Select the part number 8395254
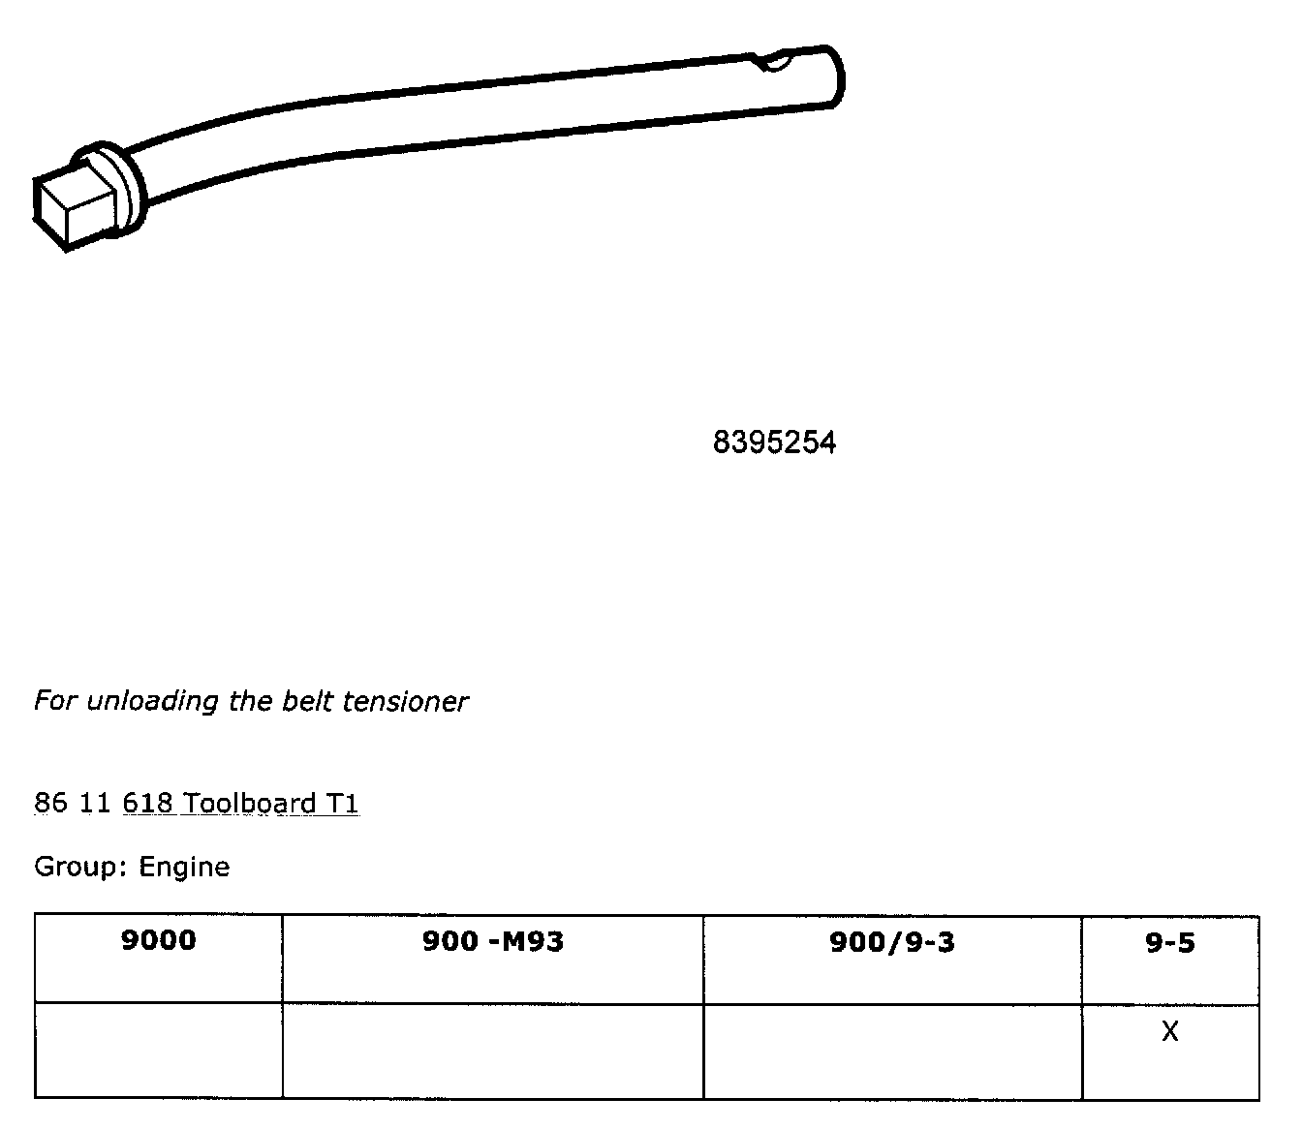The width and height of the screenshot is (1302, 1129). click(774, 442)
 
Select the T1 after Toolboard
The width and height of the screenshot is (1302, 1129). click(343, 804)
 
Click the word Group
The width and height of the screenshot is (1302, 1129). click(78, 867)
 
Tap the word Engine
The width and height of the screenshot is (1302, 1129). click(184, 867)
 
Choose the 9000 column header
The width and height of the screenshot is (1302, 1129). click(158, 940)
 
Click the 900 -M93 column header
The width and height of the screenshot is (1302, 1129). click(492, 941)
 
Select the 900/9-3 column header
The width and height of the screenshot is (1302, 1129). click(891, 941)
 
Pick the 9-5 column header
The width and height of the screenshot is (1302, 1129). click(1169, 941)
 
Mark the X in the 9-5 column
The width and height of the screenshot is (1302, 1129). click(1169, 1032)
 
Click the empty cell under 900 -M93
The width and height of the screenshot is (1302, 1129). click(492, 1051)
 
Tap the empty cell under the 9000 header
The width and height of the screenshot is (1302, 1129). click(158, 1051)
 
